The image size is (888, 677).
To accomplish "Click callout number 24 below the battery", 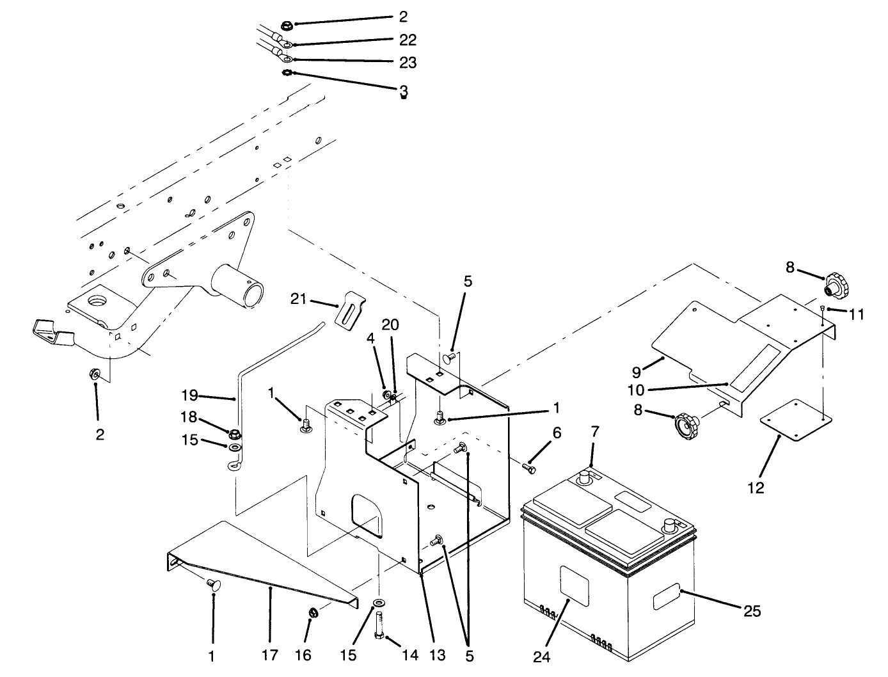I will (x=541, y=657).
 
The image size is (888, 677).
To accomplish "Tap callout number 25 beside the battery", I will (x=752, y=611).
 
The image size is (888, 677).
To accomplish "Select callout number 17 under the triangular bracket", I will (x=270, y=655).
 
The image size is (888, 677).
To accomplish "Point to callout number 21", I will (x=299, y=299).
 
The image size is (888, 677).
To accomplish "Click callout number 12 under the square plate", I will (x=756, y=488).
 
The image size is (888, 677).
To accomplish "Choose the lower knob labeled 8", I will (x=686, y=424).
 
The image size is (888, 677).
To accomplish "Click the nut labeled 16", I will (x=314, y=613).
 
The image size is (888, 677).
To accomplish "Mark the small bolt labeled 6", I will (x=528, y=469).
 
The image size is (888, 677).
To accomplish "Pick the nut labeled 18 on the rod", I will (x=234, y=433).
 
